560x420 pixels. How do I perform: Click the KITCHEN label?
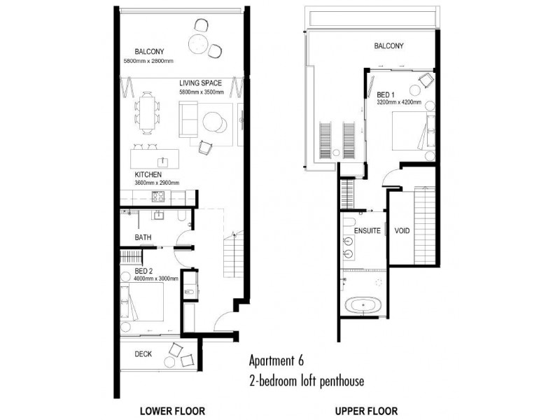point(149,174)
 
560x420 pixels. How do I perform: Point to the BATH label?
point(143,238)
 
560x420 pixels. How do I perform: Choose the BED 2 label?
point(146,270)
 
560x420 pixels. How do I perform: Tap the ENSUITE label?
point(367,230)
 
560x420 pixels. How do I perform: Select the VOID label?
point(402,230)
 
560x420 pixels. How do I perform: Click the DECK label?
point(143,353)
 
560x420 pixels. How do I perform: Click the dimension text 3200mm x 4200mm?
point(399,102)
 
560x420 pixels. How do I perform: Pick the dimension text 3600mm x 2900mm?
point(157,183)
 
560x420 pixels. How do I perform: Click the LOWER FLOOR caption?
point(172,411)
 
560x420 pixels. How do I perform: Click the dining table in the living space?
point(146,113)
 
